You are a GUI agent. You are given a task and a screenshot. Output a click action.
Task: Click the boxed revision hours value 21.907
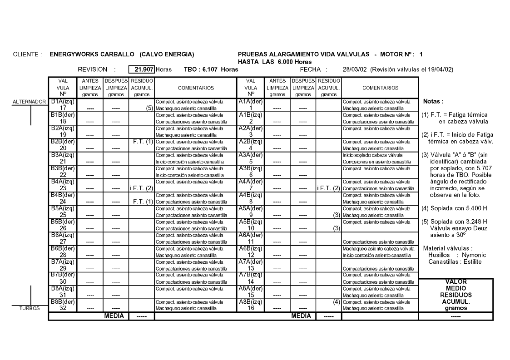pyautogui.click(x=141, y=69)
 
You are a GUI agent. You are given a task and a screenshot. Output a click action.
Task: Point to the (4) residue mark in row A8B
pyautogui.click(x=337, y=301)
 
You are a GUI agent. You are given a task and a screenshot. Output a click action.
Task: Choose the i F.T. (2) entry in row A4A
pyautogui.click(x=328, y=188)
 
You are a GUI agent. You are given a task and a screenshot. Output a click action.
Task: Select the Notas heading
pyautogui.click(x=433, y=102)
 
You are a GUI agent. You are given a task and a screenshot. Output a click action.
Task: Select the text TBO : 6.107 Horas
pyautogui.click(x=211, y=69)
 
